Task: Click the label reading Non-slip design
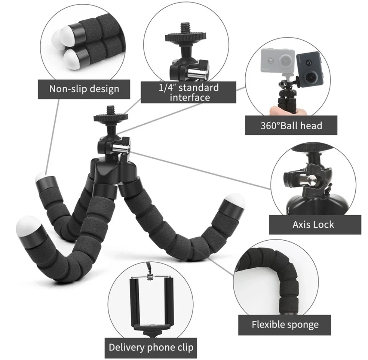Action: coord(84,89)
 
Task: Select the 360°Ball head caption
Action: coord(291,126)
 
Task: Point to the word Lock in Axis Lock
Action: coord(324,225)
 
